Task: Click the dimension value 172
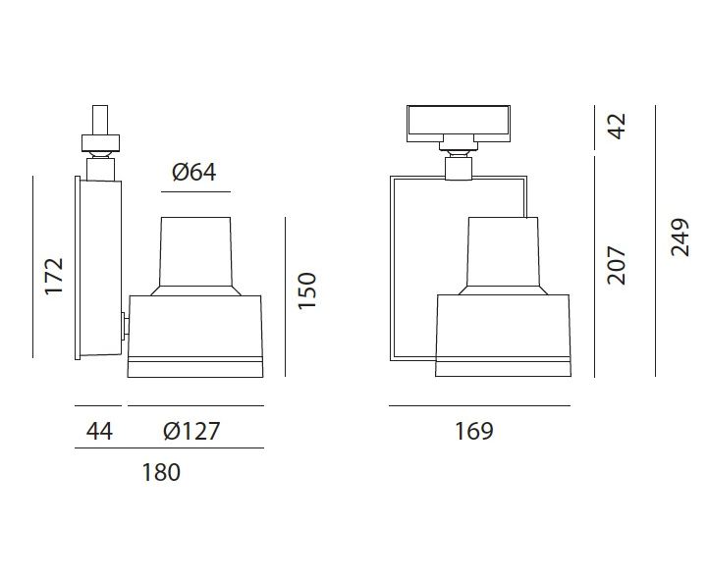coord(54,276)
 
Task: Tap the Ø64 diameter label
coord(194,172)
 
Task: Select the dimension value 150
coord(307,291)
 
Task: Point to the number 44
coord(99,431)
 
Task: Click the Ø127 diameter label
coord(191,431)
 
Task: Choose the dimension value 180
coord(161,472)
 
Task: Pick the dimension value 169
coord(473,431)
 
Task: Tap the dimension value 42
coord(617,126)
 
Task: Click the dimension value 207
coord(617,265)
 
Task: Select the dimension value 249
coord(680,237)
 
